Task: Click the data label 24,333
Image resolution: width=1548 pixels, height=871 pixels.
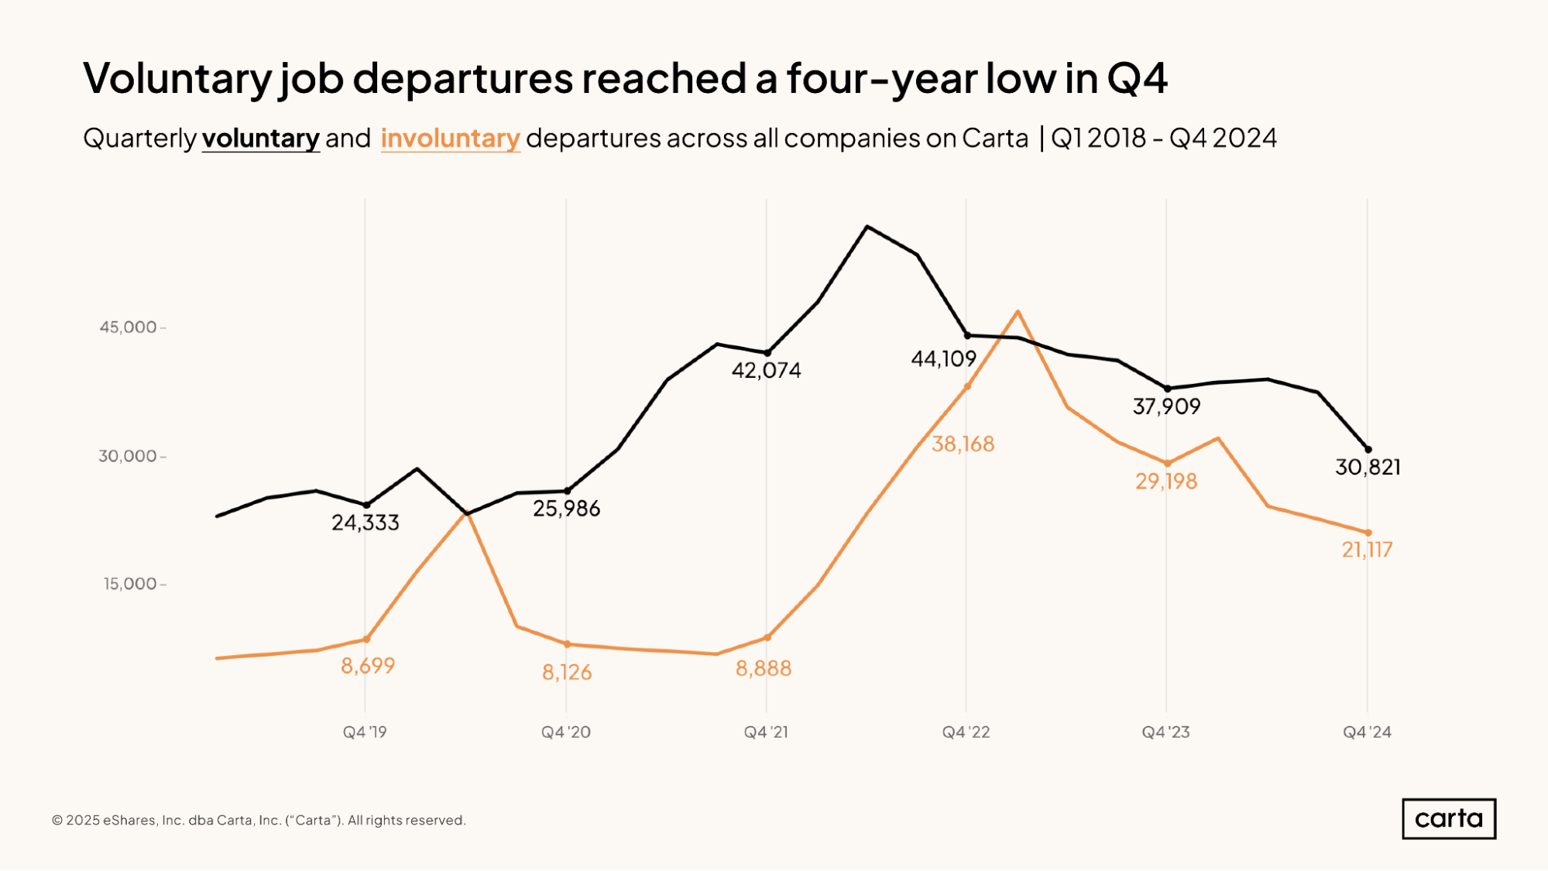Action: point(366,523)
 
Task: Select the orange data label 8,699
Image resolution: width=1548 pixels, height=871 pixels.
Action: point(368,665)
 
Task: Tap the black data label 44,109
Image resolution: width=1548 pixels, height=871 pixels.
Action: point(943,358)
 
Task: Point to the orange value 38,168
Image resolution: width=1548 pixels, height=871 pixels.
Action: point(963,444)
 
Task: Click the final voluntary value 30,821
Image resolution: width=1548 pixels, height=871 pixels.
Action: point(1368,467)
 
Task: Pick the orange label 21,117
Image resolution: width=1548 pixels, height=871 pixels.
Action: point(1367,550)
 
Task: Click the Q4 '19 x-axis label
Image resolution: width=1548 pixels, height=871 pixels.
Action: point(365,732)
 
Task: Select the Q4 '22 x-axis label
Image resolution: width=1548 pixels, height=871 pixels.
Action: point(966,732)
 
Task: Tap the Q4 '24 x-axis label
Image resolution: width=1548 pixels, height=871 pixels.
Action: point(1367,732)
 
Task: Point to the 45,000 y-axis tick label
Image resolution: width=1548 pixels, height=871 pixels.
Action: point(128,327)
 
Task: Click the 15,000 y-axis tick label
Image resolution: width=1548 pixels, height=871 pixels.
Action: point(130,584)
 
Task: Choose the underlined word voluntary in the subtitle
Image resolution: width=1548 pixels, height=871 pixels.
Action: point(260,138)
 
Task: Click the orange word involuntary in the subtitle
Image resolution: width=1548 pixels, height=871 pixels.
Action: point(450,138)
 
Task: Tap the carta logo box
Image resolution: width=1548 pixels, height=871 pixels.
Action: point(1448,818)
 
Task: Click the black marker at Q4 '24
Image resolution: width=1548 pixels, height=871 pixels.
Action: point(1368,449)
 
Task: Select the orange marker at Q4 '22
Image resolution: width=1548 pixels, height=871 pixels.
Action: point(967,386)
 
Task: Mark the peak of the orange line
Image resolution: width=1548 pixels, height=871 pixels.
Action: point(1018,311)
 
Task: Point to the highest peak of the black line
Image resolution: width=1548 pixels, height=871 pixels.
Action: point(867,227)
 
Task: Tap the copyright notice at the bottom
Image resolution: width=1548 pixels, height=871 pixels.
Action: point(259,820)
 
